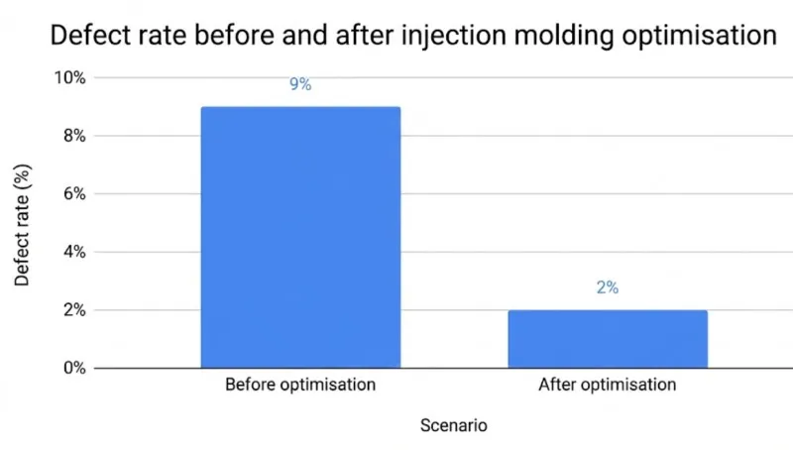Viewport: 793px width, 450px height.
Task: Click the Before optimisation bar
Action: [300, 238]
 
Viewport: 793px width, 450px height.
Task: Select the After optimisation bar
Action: [608, 339]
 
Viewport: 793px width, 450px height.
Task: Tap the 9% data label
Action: [300, 85]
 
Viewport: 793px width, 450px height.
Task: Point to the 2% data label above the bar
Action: [608, 287]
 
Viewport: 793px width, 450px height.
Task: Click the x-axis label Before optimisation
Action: [300, 385]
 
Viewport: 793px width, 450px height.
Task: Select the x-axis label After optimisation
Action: [608, 385]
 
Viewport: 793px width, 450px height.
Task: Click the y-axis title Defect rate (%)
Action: [22, 223]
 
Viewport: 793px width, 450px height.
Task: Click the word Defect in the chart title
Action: [90, 36]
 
